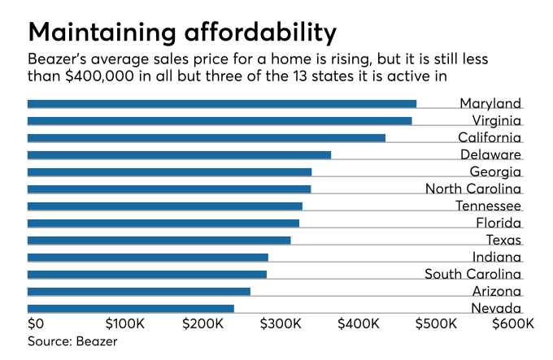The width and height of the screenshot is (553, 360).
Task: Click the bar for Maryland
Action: point(221,104)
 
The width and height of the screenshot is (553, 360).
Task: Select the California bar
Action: point(206,138)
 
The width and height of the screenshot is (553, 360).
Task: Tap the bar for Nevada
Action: point(130,309)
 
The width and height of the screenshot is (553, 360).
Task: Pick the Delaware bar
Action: point(179,155)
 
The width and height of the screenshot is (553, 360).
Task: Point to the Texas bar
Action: point(159,241)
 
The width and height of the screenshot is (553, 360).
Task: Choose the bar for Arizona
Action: point(138,292)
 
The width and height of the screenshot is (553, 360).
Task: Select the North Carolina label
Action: point(473,189)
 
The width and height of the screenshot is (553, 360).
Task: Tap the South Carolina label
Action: point(472,274)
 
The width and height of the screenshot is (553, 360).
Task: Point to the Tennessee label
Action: point(488,206)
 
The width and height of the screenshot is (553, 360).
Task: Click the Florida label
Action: point(499,223)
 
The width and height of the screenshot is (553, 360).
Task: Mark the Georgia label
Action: point(495,172)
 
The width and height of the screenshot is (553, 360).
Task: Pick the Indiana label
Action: point(497,258)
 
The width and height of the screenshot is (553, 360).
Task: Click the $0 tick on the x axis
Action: point(36,323)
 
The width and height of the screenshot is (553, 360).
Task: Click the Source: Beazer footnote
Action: point(72,340)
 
